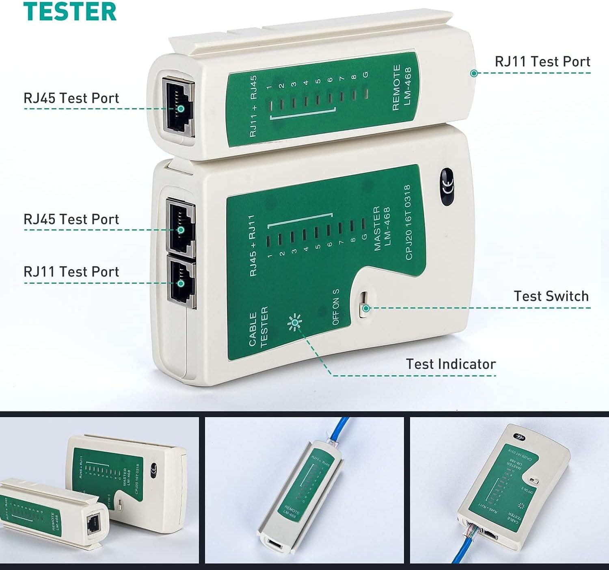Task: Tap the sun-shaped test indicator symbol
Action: pos(294,323)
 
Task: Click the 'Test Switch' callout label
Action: pos(551,296)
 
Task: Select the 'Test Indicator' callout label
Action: pos(451,364)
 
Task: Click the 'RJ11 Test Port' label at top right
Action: pos(542,61)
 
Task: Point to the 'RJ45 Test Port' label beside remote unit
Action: pos(71,98)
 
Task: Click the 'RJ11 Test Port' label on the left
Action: pos(71,272)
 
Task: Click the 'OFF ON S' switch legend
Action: pos(335,307)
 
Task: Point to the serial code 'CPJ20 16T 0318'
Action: pos(408,222)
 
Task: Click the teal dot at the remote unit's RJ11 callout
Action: pos(474,73)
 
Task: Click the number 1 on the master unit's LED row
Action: pos(269,257)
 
